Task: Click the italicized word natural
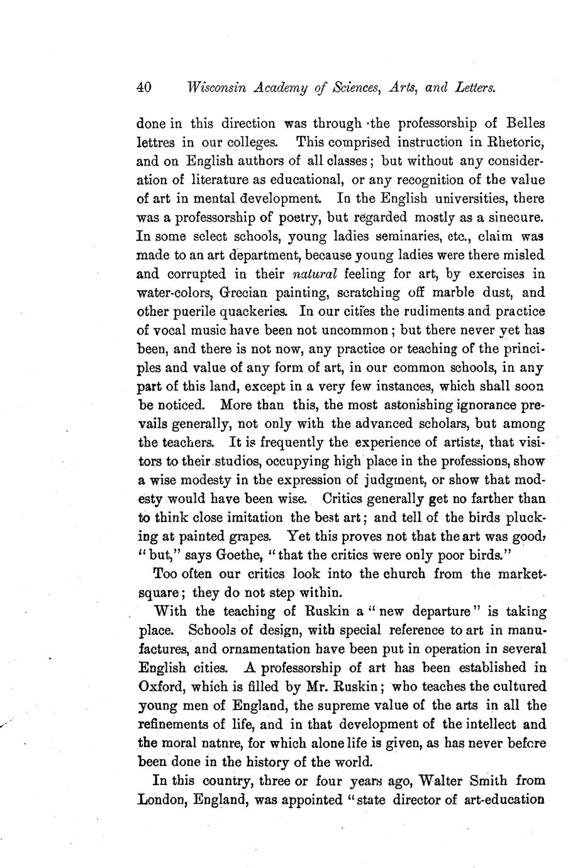point(315,274)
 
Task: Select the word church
point(404,574)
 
